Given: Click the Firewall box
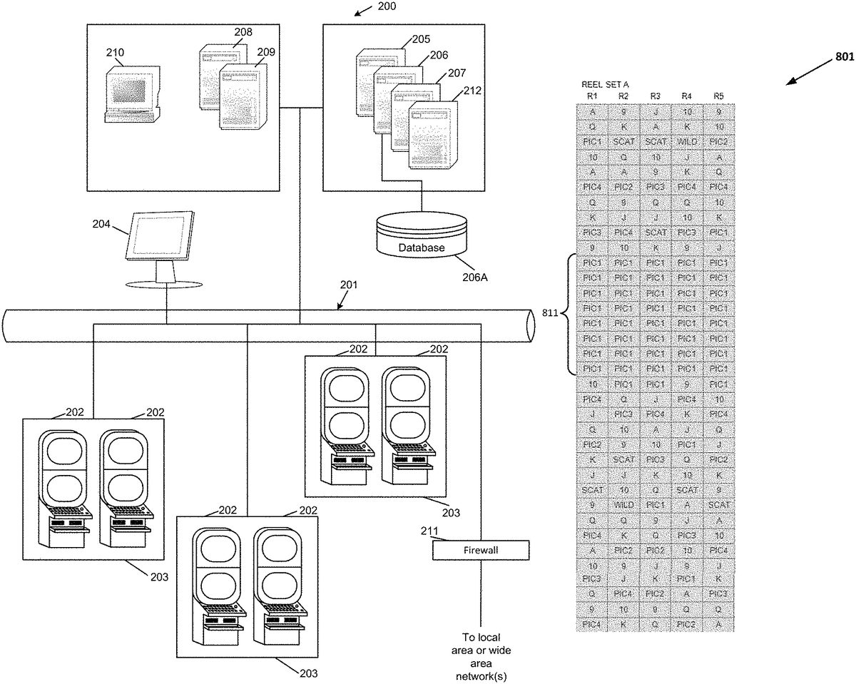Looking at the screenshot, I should (x=481, y=551).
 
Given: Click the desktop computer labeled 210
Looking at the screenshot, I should (x=131, y=95).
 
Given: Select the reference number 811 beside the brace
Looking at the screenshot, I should (x=552, y=314).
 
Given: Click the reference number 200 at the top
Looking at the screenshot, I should (x=387, y=6).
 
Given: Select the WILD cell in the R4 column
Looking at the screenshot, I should (x=687, y=142).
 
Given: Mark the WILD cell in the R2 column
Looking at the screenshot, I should (x=624, y=504).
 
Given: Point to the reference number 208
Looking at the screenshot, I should (x=243, y=32).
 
